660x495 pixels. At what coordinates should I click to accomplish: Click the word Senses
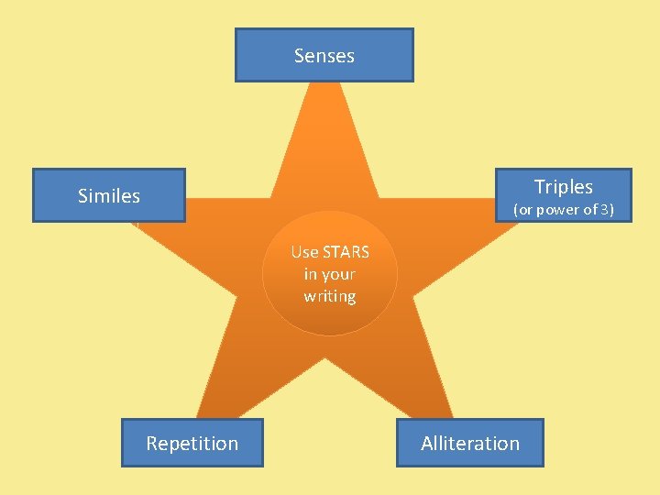(324, 56)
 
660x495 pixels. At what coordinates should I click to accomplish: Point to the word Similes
(109, 196)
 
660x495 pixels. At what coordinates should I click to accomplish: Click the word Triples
(564, 187)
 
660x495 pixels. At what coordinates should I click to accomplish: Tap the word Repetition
(192, 444)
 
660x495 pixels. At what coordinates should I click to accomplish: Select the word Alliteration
(470, 444)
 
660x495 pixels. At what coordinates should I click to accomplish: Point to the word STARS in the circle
(346, 252)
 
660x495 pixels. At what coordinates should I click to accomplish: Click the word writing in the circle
(330, 296)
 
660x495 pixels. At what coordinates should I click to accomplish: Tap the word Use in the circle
(304, 252)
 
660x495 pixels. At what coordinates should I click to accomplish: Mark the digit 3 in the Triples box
(605, 210)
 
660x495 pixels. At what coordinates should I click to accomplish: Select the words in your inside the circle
(329, 274)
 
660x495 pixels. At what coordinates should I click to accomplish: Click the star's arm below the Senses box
(325, 137)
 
